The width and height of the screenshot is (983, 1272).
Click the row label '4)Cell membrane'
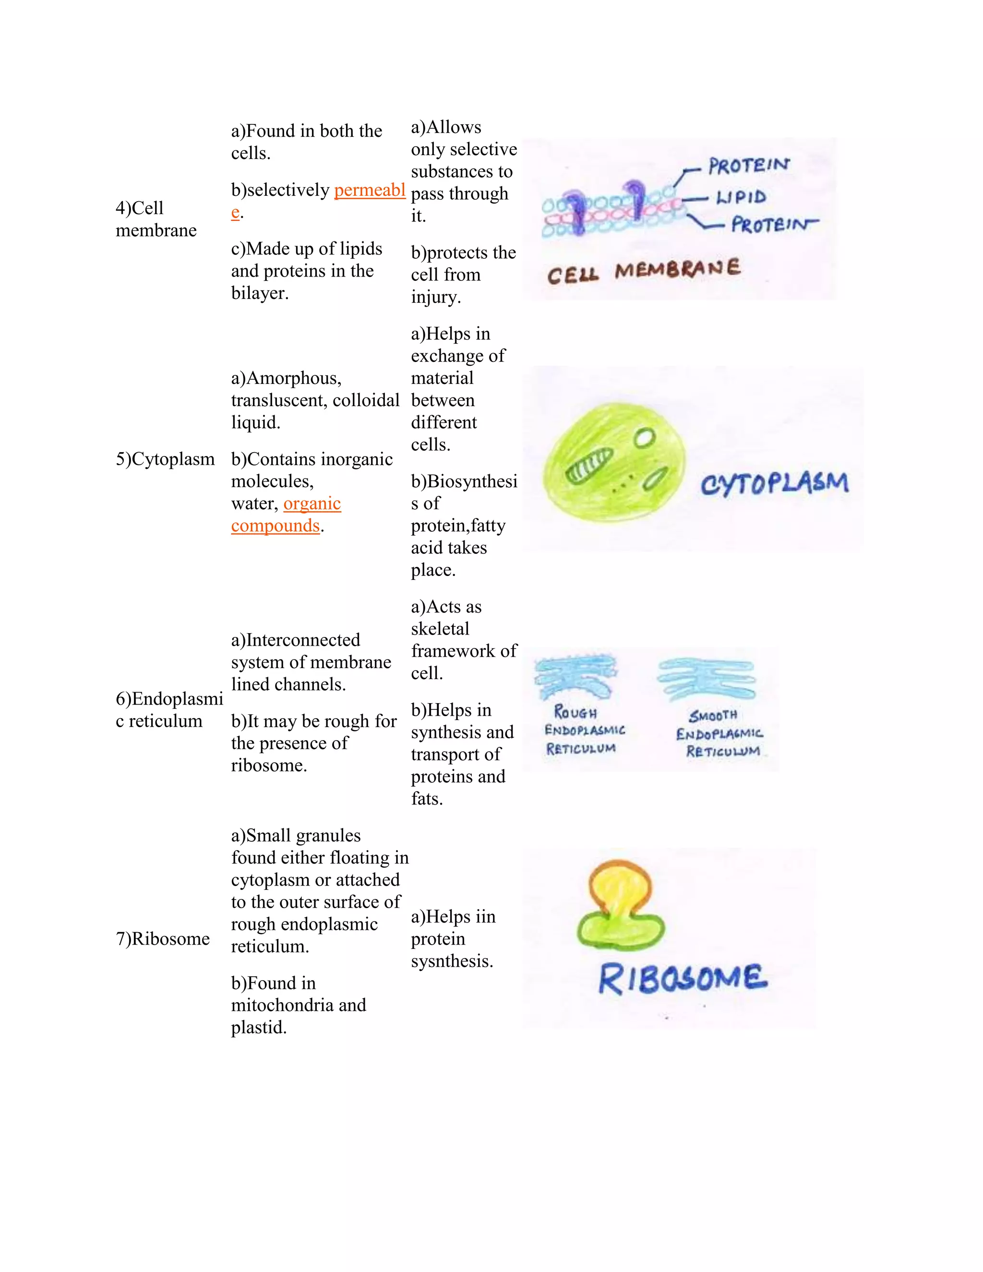(x=156, y=219)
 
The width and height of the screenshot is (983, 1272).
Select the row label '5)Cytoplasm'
(x=165, y=459)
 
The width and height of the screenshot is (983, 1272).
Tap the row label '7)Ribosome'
(x=163, y=938)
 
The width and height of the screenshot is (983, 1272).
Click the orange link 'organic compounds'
(x=286, y=514)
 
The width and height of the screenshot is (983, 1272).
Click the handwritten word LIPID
(x=741, y=197)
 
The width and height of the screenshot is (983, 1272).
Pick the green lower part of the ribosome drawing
(x=620, y=930)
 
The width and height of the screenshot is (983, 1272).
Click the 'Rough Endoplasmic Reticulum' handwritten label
(x=584, y=731)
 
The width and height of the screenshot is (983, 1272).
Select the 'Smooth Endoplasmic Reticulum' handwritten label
(x=720, y=733)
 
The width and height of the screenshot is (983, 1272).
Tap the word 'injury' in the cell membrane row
(x=434, y=297)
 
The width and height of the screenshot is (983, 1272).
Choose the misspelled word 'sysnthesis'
(x=451, y=961)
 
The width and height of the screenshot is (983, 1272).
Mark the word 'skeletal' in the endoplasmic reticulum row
(x=440, y=629)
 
